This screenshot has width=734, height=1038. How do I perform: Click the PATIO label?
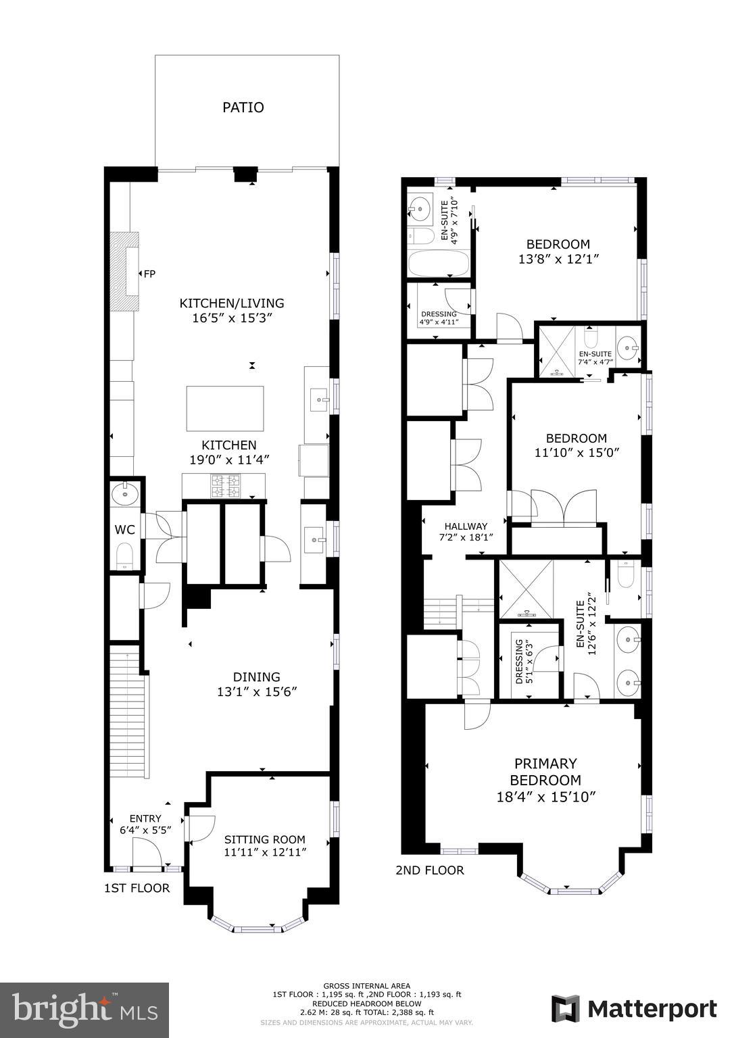tap(243, 107)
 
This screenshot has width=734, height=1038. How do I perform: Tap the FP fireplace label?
tap(149, 274)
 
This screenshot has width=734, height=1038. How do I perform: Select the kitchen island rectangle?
tap(224, 407)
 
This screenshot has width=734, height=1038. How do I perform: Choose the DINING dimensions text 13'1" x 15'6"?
tap(256, 692)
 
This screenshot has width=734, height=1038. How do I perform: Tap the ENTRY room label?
tap(145, 818)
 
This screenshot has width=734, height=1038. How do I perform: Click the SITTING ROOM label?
tap(265, 839)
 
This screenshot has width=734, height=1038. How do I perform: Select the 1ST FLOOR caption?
tap(137, 887)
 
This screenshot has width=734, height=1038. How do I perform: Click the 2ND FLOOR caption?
tap(430, 870)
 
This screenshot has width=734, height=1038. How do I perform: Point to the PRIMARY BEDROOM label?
tap(545, 772)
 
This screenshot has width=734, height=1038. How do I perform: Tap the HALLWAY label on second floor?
tap(466, 526)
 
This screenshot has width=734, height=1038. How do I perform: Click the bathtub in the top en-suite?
tap(438, 264)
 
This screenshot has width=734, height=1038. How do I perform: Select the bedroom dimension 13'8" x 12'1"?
tap(559, 259)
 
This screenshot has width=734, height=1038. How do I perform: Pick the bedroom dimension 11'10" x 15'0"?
tap(577, 453)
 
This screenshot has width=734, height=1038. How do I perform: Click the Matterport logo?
tap(634, 1009)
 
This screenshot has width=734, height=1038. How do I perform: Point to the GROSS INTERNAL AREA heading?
tap(366, 986)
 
